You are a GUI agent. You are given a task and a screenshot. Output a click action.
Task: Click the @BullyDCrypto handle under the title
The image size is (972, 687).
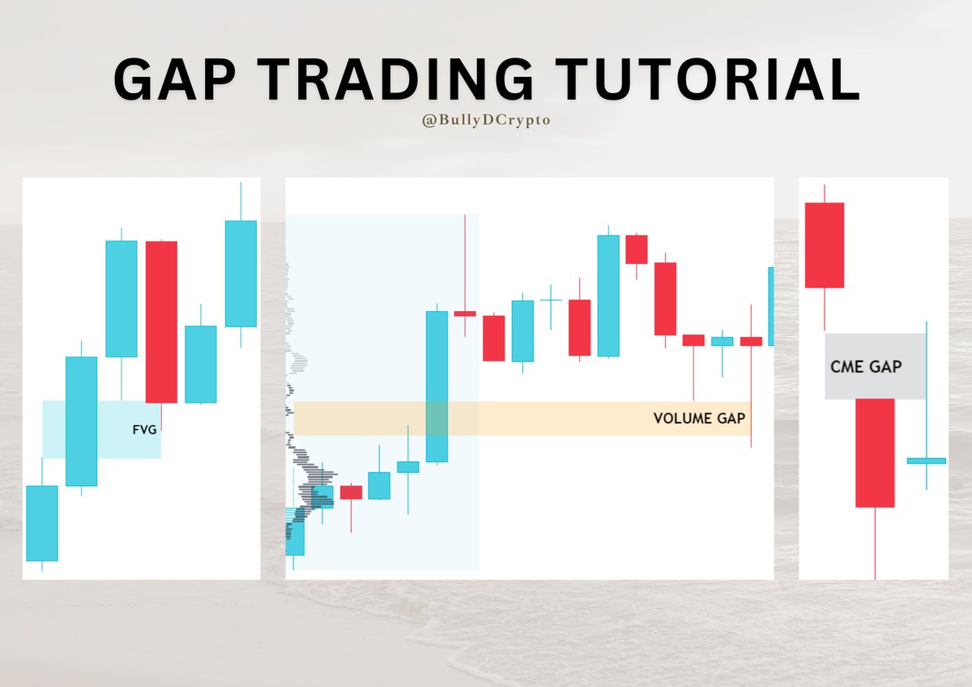(484, 120)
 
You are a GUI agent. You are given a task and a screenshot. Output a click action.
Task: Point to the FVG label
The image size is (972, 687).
(145, 430)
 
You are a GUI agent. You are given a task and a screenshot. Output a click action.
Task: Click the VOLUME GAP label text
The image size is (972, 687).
(699, 419)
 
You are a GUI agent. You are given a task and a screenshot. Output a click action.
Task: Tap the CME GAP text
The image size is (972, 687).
(866, 366)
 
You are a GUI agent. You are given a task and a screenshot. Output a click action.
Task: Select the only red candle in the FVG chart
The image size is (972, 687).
(161, 322)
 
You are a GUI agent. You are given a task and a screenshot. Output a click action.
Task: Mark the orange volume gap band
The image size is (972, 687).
(567, 419)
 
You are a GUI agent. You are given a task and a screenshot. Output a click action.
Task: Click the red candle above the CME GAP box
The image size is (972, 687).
(824, 245)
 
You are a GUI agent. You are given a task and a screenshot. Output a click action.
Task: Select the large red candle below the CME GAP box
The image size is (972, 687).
(875, 453)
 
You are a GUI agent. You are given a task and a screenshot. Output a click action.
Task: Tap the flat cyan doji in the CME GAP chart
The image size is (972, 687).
(926, 460)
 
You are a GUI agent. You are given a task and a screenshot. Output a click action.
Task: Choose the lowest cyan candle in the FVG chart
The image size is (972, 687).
(41, 523)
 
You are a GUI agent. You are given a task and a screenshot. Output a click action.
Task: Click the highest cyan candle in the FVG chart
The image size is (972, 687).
(241, 273)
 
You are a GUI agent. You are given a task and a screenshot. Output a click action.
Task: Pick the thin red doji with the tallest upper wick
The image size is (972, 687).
(465, 313)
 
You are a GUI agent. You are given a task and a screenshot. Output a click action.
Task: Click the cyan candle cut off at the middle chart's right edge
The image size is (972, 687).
(770, 306)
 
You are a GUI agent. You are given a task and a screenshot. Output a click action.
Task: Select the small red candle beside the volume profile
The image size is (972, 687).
(351, 493)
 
